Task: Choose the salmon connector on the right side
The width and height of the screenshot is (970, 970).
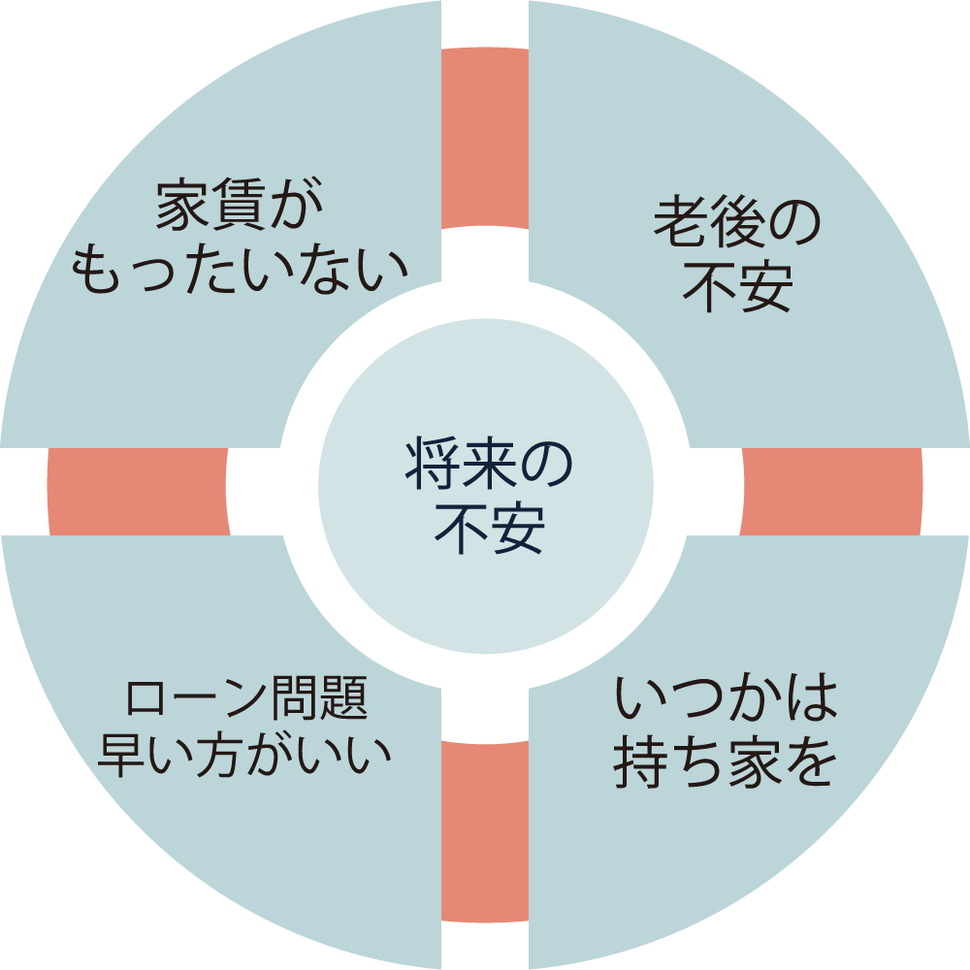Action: pos(831,491)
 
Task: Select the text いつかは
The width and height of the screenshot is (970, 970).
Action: pos(726,701)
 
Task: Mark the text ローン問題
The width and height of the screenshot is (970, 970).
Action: pos(246,700)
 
